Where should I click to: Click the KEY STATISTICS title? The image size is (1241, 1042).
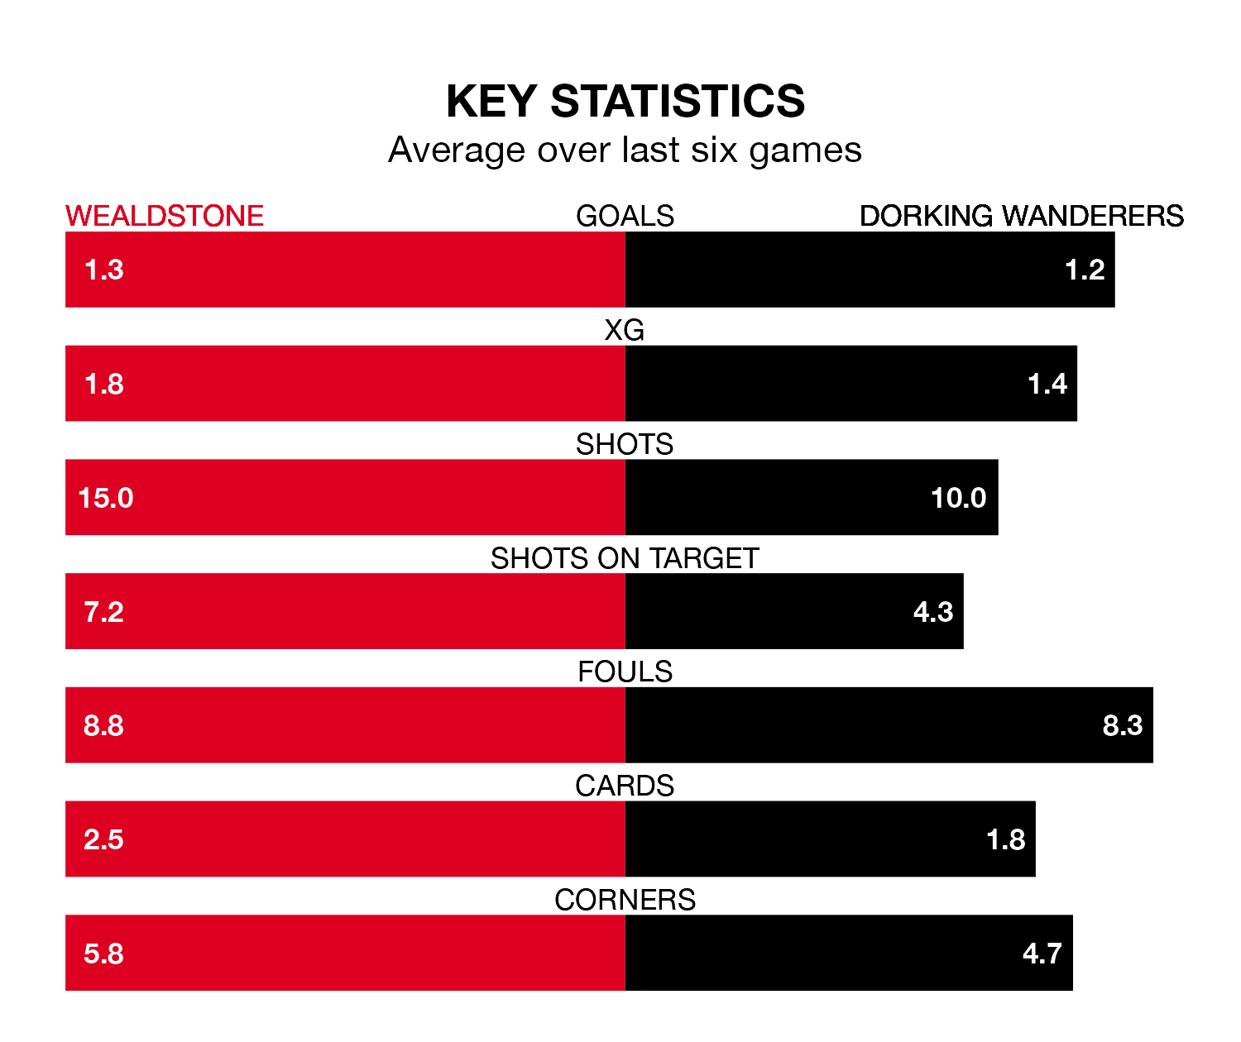coord(625,102)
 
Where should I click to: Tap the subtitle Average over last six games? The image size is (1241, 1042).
coord(625,151)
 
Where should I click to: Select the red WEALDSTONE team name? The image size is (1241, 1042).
coord(165,216)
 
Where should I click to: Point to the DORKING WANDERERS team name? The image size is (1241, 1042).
coord(1021,216)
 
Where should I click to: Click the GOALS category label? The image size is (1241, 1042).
coord(625,216)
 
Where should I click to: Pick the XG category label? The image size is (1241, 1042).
coord(625,330)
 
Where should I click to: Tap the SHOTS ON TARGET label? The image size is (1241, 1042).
coord(625,558)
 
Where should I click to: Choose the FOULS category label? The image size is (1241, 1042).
coord(625,672)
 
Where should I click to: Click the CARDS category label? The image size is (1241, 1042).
coord(625,786)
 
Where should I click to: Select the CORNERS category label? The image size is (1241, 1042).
coord(625,900)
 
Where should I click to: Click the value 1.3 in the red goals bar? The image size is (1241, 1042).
coord(104,270)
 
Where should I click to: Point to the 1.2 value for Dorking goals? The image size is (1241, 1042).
coord(1085,270)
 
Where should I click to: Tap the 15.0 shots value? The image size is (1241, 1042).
coord(106,498)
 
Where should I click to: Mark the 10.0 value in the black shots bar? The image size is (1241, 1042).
coord(958,498)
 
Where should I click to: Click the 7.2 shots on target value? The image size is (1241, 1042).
coord(104,612)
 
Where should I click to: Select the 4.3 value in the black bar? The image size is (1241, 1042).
coord(933,612)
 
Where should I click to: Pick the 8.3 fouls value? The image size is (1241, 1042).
coord(1123,725)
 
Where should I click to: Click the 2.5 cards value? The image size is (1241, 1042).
coord(104,839)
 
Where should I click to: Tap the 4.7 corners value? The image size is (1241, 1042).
coord(1042,954)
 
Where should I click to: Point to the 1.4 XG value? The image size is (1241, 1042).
coord(1047,384)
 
